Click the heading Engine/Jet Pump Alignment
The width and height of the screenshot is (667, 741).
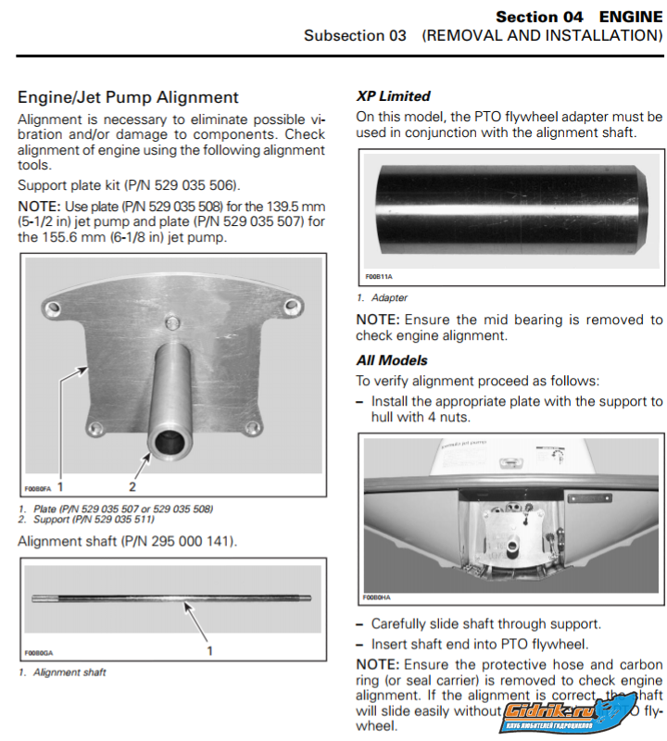[x=128, y=97]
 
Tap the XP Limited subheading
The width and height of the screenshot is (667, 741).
[x=393, y=95]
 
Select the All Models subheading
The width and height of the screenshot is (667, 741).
[x=392, y=360]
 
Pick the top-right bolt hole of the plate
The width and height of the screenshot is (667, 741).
[x=291, y=305]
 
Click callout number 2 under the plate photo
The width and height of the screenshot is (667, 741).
[x=132, y=485]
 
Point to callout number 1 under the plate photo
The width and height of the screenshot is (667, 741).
[x=60, y=485]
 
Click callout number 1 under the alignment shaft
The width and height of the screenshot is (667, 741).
[x=209, y=650]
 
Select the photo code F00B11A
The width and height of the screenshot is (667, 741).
[x=378, y=277]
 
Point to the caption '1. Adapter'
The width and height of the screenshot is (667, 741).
[x=382, y=298]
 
